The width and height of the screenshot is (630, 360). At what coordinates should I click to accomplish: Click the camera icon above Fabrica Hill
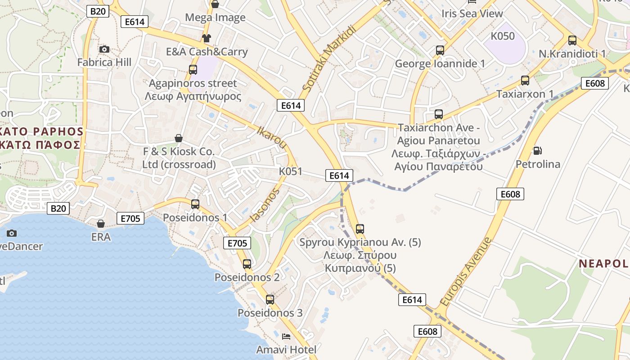click(x=104, y=49)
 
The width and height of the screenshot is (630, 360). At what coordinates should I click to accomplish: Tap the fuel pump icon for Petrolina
click(x=537, y=150)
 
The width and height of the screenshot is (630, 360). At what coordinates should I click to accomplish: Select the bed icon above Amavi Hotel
click(x=286, y=336)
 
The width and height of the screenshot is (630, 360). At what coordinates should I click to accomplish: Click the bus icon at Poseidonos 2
click(x=247, y=264)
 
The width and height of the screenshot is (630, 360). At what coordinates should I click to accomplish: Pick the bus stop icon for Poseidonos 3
click(x=270, y=299)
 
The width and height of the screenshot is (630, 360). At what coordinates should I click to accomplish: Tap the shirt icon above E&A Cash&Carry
click(x=206, y=38)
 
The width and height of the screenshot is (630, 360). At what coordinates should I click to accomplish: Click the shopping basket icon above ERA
click(x=101, y=224)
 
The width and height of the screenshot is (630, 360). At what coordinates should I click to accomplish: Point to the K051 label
click(x=291, y=171)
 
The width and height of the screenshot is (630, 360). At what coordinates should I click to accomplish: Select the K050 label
click(x=503, y=36)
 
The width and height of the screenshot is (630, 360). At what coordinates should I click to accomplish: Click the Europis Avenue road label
click(x=466, y=272)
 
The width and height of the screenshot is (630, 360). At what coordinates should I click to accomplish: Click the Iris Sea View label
click(x=472, y=13)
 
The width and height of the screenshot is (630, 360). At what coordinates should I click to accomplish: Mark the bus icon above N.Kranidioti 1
click(x=572, y=40)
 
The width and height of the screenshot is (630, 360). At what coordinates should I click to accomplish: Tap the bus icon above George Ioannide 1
click(x=440, y=50)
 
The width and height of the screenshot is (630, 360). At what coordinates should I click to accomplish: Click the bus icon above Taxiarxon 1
click(x=525, y=81)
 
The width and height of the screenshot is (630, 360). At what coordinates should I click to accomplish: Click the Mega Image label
click(x=216, y=18)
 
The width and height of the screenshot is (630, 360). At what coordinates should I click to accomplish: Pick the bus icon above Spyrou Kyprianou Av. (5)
click(x=360, y=229)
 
